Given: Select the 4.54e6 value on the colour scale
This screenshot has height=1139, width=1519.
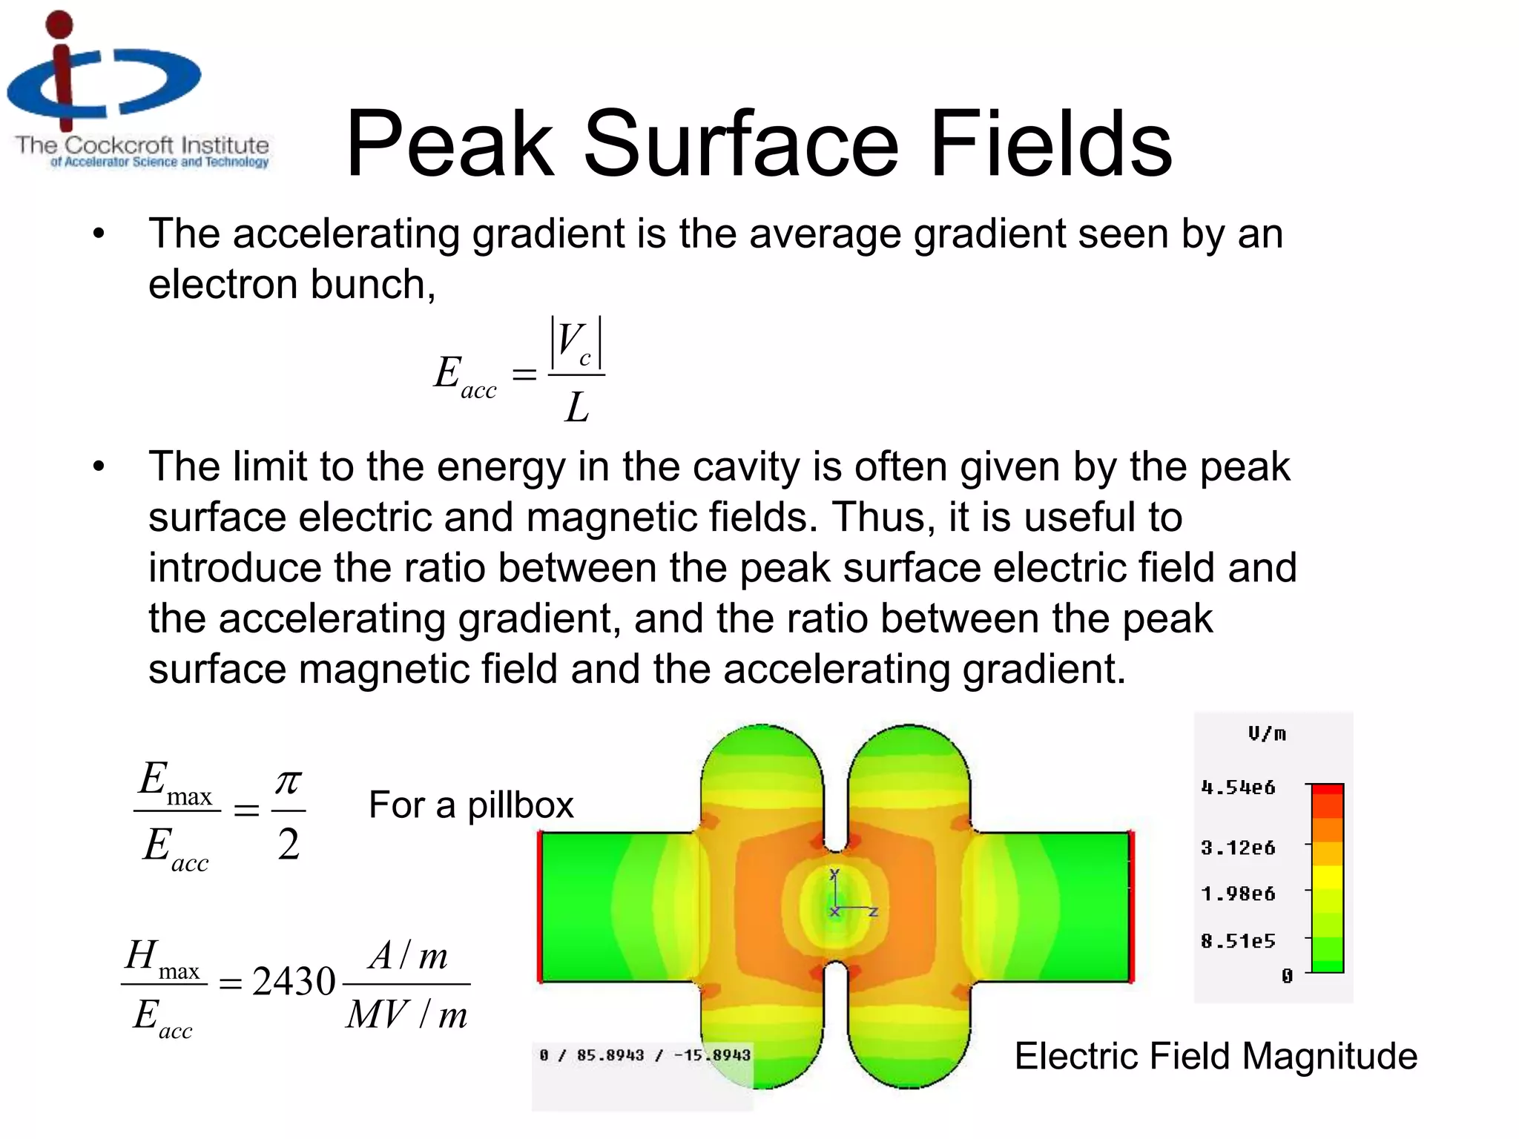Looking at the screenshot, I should pyautogui.click(x=1238, y=788).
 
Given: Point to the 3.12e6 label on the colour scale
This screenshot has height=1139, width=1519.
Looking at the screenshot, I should pyautogui.click(x=1238, y=848).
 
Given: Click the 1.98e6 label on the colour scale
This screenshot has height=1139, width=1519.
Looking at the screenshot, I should pyautogui.click(x=1238, y=894).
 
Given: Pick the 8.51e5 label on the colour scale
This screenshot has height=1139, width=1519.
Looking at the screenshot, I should pyautogui.click(x=1238, y=941).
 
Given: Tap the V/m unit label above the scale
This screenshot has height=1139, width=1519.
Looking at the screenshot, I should pyautogui.click(x=1267, y=734).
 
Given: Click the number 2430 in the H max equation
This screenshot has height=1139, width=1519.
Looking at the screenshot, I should pyautogui.click(x=294, y=981).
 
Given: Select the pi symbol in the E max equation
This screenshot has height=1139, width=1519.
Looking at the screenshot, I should pyautogui.click(x=289, y=782).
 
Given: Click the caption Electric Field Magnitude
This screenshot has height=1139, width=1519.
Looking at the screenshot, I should pyautogui.click(x=1216, y=1055).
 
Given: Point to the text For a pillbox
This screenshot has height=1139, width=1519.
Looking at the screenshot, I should pyautogui.click(x=471, y=805).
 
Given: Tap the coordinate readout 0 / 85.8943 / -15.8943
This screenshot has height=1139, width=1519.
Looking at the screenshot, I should pyautogui.click(x=645, y=1054).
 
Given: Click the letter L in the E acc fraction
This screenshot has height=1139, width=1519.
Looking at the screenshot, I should pyautogui.click(x=577, y=407).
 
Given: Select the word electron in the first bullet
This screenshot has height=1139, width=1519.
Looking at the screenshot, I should pyautogui.click(x=224, y=284).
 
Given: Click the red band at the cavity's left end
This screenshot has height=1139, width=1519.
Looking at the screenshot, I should pyautogui.click(x=541, y=907).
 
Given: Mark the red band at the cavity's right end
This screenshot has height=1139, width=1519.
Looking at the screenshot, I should pyautogui.click(x=1132, y=907).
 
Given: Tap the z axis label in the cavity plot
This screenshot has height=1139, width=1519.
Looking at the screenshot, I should pyautogui.click(x=874, y=911).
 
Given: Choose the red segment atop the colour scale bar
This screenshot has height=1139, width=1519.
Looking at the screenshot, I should pyautogui.click(x=1328, y=790).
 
